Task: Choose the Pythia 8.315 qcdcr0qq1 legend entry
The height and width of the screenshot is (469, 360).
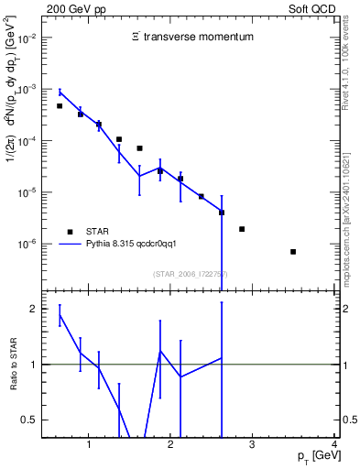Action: pos(136,244)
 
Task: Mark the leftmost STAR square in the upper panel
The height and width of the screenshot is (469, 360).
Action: pos(60,106)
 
